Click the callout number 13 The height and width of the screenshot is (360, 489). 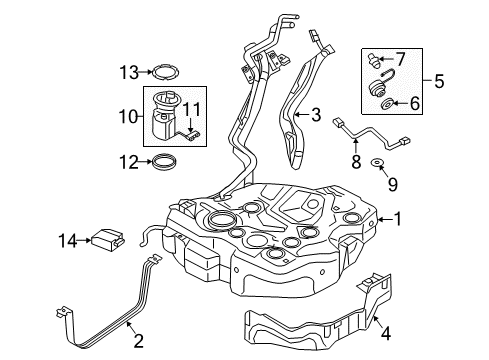[129, 72]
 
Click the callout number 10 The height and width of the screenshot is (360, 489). [128, 116]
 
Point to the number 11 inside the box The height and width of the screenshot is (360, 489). [192, 109]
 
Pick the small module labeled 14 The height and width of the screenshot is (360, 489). [108, 240]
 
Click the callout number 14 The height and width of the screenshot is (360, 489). [68, 241]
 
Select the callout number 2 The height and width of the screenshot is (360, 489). [138, 341]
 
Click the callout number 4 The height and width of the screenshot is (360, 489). [386, 333]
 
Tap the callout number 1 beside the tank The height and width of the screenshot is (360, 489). [397, 219]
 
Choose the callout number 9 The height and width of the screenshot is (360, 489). [393, 184]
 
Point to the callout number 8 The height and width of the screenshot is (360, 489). [356, 162]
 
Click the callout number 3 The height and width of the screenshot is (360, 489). [316, 115]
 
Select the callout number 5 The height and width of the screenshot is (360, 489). [439, 81]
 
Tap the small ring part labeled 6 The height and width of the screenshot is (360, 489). [387, 104]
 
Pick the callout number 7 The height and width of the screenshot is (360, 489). [400, 59]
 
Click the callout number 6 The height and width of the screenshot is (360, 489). [415, 103]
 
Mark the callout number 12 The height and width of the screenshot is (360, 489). [129, 162]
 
